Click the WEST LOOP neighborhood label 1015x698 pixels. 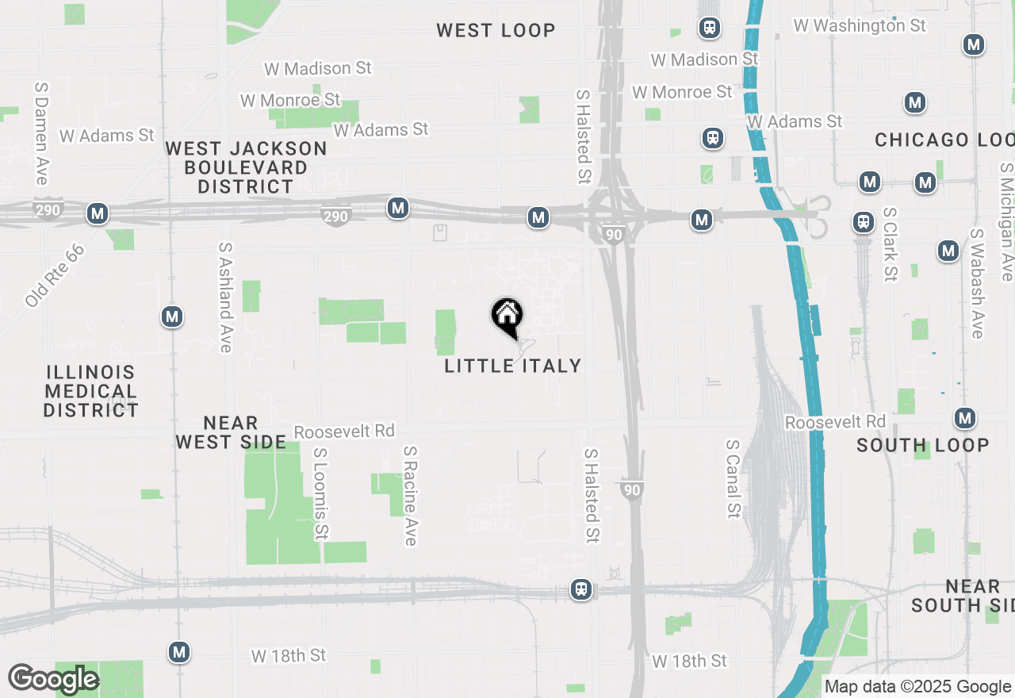coord(496,30)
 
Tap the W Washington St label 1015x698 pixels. coord(860,25)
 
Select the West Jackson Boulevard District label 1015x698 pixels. coord(246,167)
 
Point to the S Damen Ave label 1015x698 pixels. coord(41,132)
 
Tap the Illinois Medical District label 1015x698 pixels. coord(91,391)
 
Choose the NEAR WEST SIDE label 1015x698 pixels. coord(231,432)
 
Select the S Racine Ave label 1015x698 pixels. coord(410,496)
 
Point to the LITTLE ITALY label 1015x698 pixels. coord(513,366)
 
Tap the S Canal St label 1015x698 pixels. coord(733,475)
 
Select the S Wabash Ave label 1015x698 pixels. coord(978,284)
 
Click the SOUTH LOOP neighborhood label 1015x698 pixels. coord(923,445)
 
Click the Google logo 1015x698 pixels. coord(53,679)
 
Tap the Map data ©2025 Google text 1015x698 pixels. coord(917,687)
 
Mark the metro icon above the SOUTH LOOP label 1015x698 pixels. coord(965,418)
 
